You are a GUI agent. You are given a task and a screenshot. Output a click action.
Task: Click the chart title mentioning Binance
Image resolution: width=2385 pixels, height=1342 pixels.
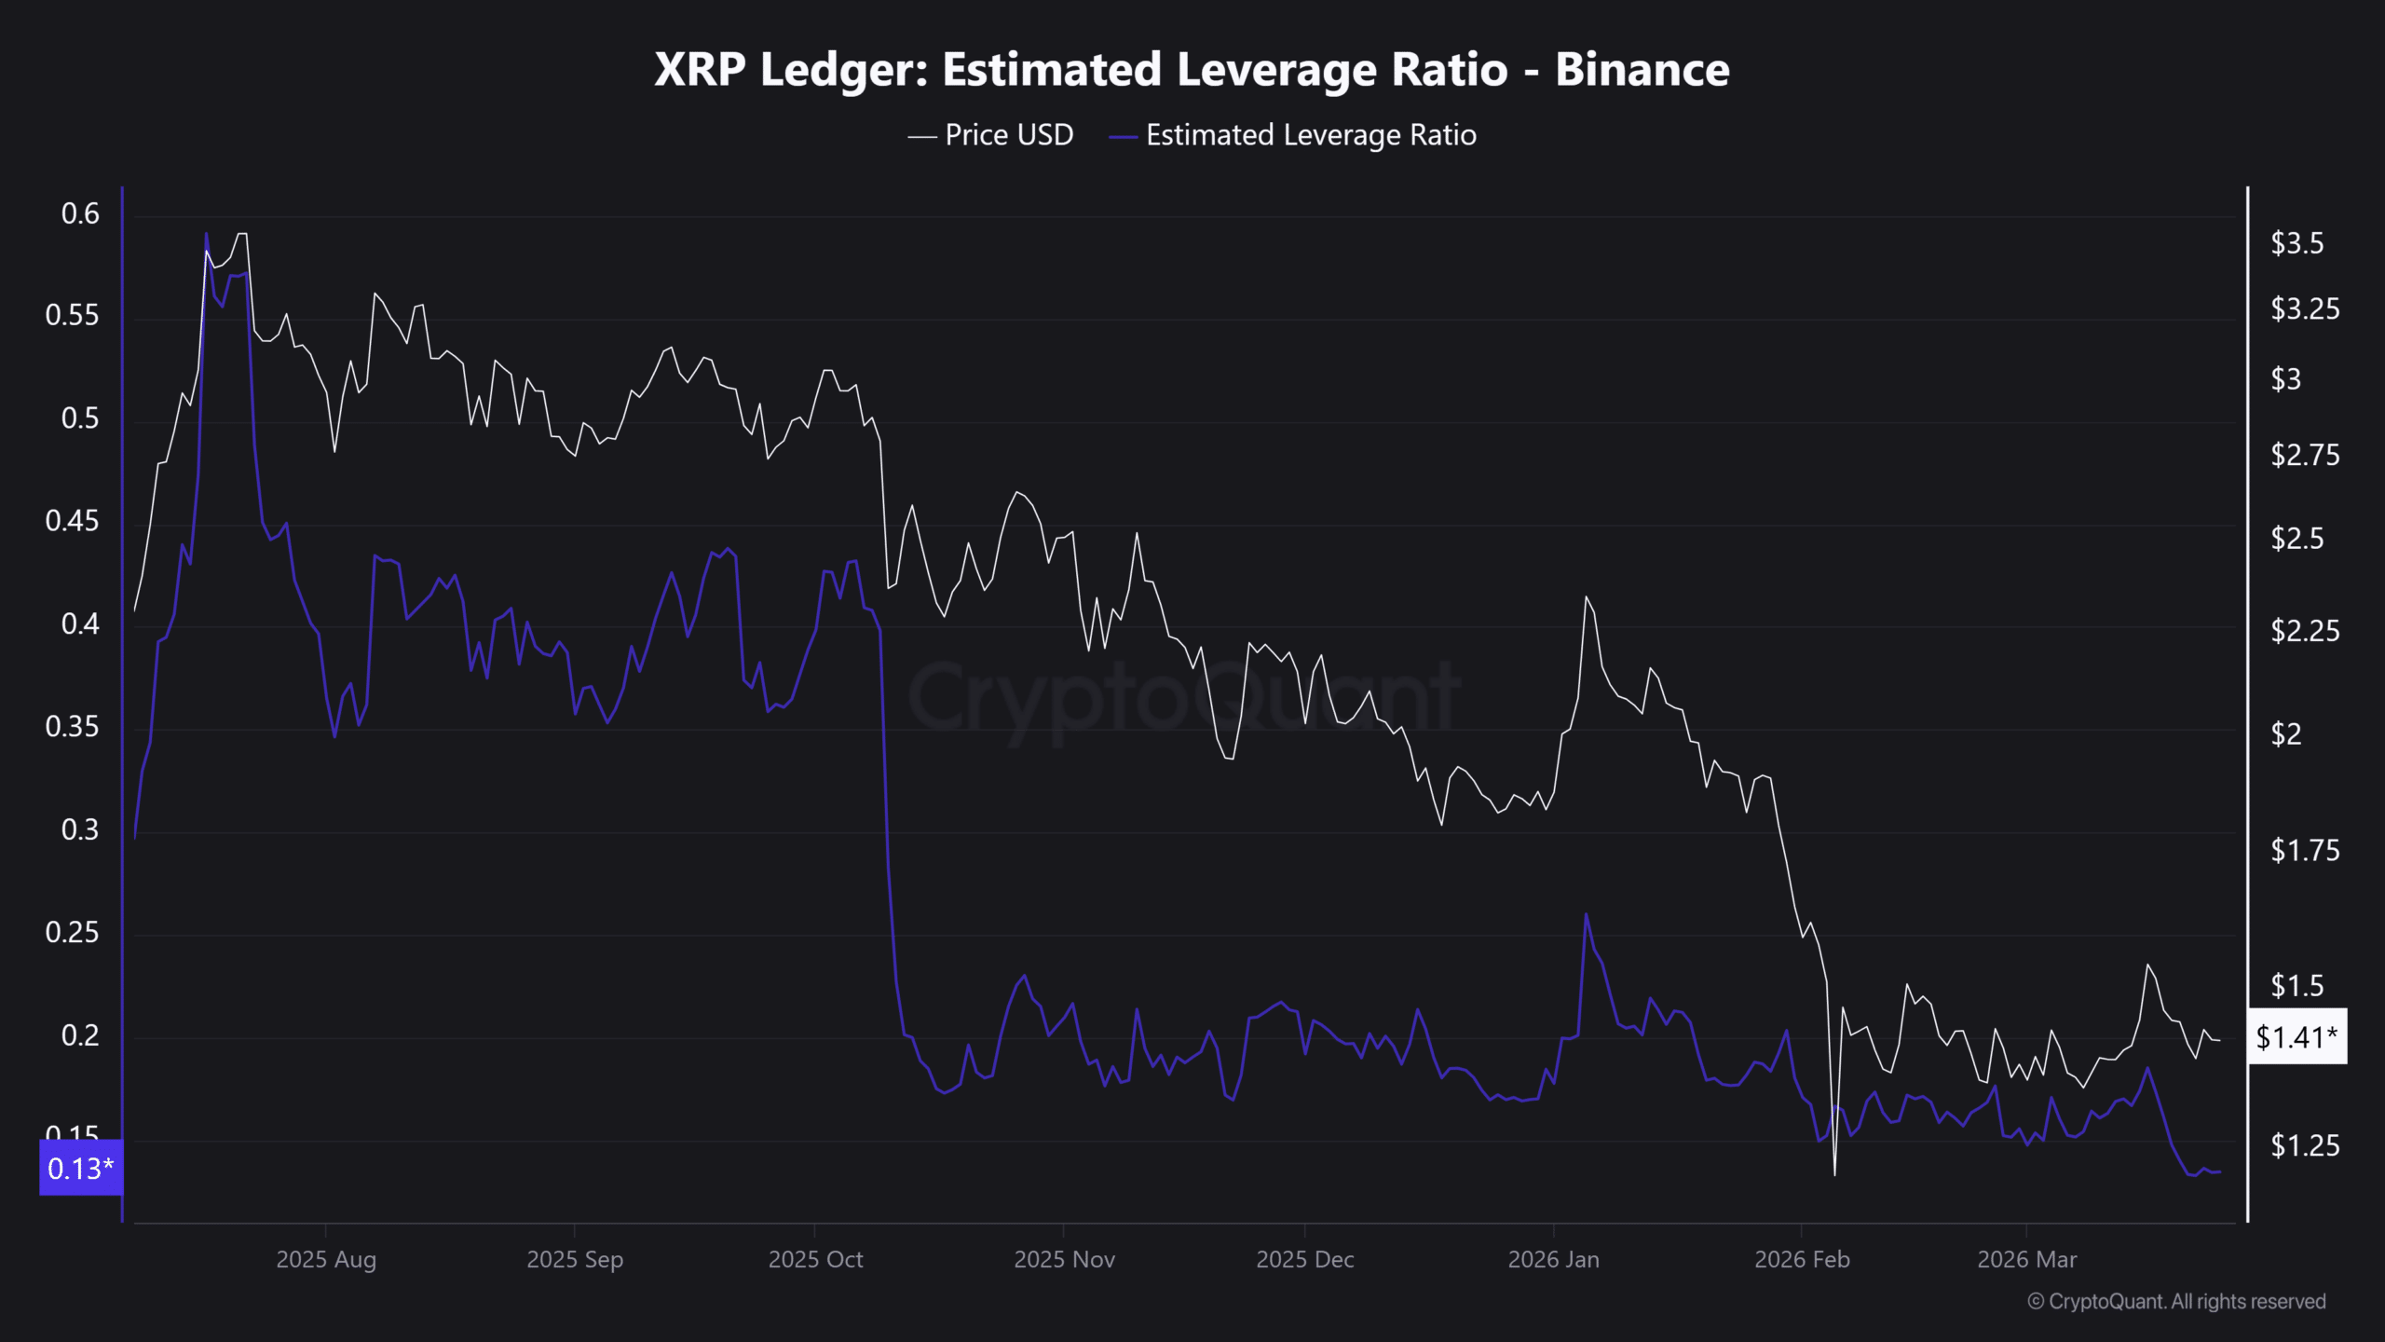(1192, 70)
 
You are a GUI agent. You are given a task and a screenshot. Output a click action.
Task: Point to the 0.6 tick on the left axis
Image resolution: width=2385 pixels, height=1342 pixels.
(80, 214)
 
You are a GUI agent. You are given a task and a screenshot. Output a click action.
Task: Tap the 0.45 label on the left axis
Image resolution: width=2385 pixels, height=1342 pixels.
(72, 521)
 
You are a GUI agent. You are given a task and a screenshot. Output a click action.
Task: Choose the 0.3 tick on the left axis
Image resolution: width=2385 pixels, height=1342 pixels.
(80, 829)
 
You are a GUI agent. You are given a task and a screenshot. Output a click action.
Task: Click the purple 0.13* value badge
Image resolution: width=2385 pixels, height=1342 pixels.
(81, 1168)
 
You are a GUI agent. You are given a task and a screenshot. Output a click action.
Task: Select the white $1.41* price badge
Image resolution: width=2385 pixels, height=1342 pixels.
(2296, 1036)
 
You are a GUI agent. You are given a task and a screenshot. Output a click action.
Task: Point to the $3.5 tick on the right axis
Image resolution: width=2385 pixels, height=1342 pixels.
(2296, 244)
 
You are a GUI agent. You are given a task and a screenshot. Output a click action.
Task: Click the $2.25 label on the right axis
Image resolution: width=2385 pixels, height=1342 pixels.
(2304, 632)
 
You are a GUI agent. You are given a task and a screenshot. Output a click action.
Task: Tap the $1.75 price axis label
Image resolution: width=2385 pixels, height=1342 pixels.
(2304, 850)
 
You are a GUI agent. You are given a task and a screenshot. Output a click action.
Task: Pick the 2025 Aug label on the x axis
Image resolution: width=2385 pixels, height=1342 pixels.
(326, 1260)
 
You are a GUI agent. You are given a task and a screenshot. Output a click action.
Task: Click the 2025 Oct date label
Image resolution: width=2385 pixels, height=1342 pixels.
(815, 1260)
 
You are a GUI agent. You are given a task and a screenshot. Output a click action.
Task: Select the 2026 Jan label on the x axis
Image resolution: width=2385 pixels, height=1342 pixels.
(1553, 1260)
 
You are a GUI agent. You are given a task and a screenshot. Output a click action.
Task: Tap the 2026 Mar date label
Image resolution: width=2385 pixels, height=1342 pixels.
(2026, 1260)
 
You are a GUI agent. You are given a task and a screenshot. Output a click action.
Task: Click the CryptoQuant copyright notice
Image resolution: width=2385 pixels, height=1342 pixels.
(2176, 1302)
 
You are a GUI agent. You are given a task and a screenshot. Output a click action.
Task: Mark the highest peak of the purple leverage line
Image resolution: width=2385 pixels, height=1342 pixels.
(206, 233)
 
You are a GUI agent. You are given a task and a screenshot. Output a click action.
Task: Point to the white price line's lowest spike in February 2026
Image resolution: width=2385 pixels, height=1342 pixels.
(1834, 1175)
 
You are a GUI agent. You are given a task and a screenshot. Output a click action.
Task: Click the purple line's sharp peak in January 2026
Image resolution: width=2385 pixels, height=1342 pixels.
(1586, 913)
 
